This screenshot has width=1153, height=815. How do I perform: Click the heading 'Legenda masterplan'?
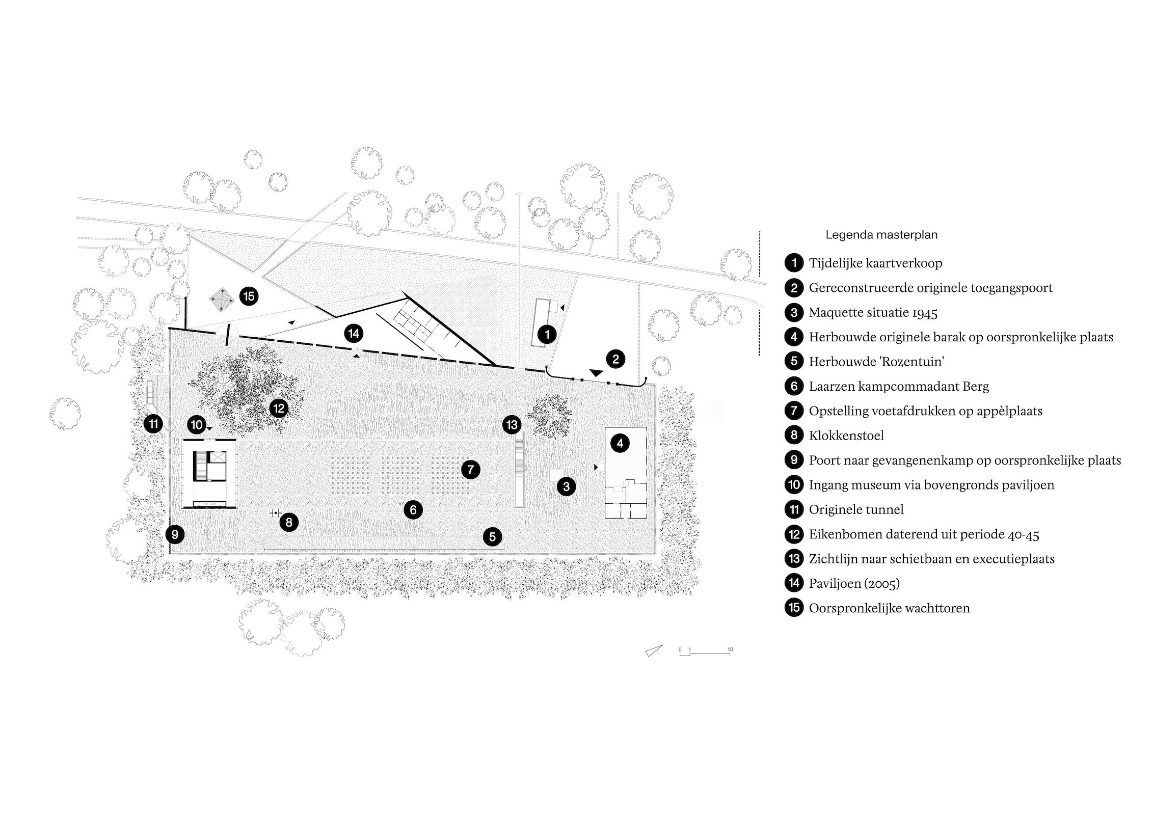point(881,235)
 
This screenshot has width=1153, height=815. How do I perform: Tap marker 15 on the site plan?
point(249,296)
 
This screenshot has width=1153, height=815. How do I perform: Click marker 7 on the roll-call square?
point(470,469)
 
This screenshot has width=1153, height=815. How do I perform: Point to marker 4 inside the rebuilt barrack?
point(620,443)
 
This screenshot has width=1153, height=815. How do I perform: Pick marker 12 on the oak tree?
point(279,408)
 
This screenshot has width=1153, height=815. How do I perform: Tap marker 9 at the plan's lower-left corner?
point(175,534)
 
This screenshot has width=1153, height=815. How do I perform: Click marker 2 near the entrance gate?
point(615,359)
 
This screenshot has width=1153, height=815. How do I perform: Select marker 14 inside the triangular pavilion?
point(353,334)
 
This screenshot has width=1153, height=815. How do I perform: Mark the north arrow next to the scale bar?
point(654,650)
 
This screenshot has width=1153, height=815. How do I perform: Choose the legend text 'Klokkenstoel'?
point(846,436)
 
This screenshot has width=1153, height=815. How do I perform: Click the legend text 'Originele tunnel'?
point(856,509)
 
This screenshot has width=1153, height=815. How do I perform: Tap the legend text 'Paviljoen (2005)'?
point(854,583)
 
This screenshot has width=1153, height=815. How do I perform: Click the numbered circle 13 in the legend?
point(794,559)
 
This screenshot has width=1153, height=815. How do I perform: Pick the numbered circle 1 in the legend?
point(794,263)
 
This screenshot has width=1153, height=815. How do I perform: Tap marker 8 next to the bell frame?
point(289,522)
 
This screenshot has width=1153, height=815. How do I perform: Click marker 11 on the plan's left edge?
point(153,424)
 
